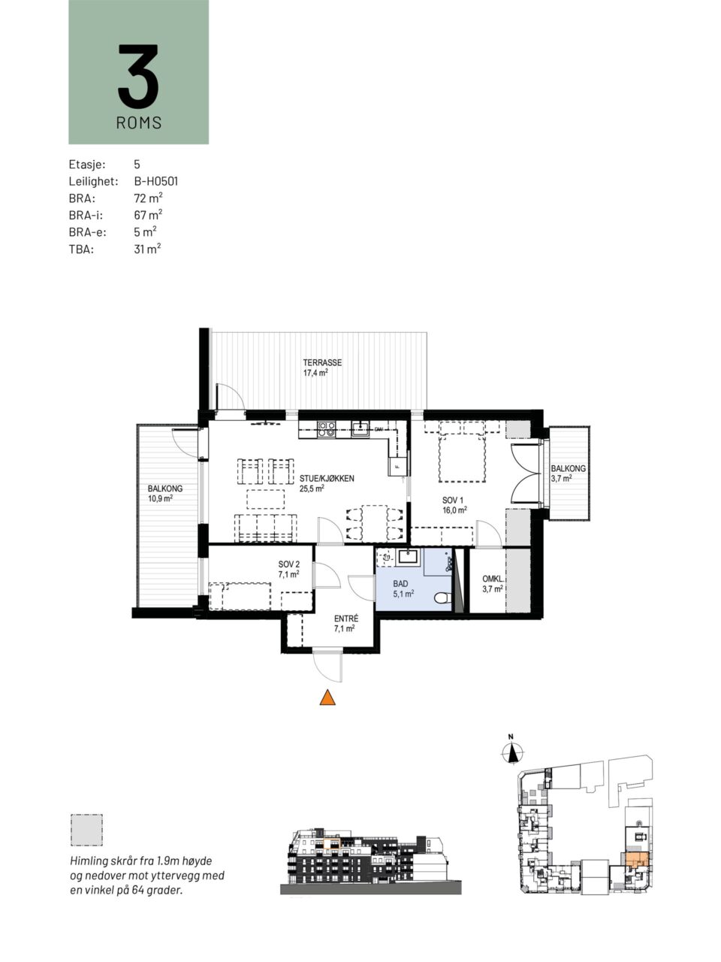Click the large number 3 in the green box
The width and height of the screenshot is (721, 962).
coord(138,76)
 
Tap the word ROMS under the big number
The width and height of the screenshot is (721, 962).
coord(139,123)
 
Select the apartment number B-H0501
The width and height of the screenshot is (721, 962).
coord(156,181)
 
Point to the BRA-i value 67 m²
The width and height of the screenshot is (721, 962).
coord(148,215)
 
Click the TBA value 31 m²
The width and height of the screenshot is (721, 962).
coord(147,249)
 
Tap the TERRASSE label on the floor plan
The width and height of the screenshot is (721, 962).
coord(322,363)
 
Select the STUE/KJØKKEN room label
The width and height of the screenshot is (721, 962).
coord(327,479)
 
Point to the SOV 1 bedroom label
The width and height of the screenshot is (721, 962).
coord(453,500)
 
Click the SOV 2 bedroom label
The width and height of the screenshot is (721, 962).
coord(289,564)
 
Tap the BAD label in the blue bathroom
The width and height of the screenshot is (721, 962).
coord(400,584)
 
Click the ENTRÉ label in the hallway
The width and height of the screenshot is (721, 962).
coord(346,619)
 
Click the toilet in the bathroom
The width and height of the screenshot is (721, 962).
coord(442,597)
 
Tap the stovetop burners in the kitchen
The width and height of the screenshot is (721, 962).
coord(326,428)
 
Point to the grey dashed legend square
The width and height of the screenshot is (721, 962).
coord(86,830)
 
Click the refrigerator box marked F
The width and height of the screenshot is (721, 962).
coord(397,467)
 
